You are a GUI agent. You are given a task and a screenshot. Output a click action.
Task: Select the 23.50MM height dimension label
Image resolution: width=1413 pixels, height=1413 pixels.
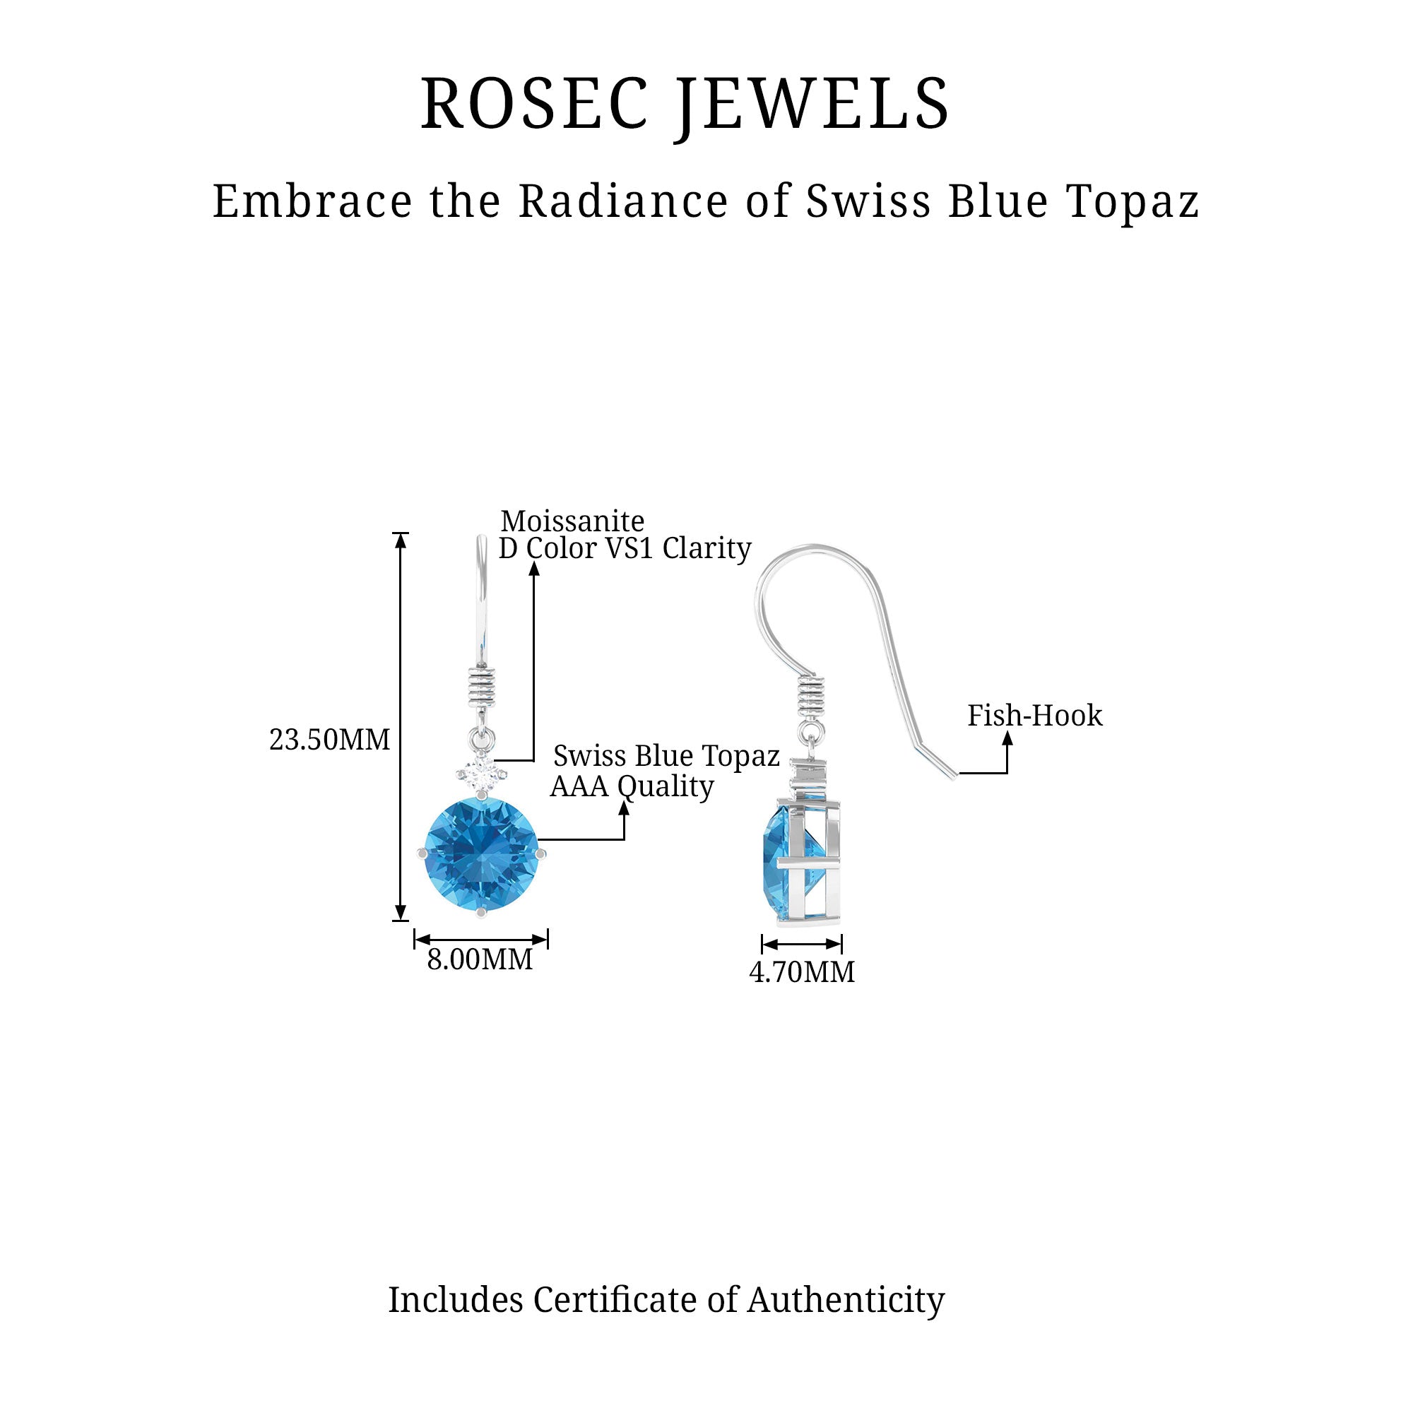pyautogui.click(x=330, y=740)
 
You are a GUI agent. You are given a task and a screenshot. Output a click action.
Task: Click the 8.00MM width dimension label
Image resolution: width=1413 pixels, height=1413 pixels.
pyautogui.click(x=480, y=959)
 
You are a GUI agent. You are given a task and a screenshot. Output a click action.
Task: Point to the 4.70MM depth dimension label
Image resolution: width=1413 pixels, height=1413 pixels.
pyautogui.click(x=802, y=972)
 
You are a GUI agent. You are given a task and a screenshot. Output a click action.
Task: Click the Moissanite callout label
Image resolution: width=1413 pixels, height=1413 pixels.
pyautogui.click(x=572, y=521)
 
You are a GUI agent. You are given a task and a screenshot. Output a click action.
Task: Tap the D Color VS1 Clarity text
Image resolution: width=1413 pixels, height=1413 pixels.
pyautogui.click(x=625, y=548)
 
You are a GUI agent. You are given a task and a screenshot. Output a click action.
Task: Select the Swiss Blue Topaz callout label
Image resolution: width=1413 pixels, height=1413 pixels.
pyautogui.click(x=666, y=755)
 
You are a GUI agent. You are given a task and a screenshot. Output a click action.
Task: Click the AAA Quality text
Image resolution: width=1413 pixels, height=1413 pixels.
pyautogui.click(x=632, y=786)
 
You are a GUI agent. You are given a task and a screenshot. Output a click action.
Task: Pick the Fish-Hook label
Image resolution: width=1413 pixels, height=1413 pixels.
pyautogui.click(x=1034, y=715)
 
